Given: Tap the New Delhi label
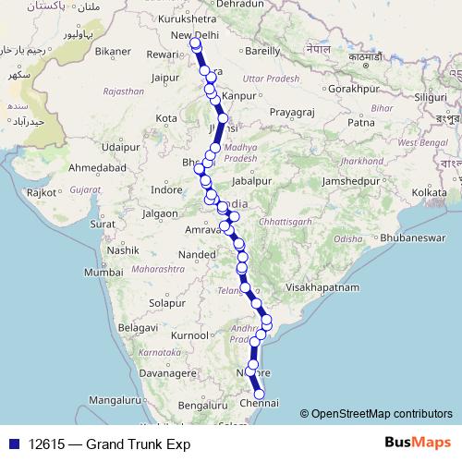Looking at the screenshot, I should coord(193,35).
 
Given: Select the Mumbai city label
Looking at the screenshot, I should coord(103,273).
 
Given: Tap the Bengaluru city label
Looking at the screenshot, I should coord(201,406).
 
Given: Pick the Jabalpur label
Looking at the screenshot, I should coord(253,180).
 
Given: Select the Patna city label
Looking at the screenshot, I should coord(360,121).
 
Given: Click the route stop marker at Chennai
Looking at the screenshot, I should coord(260,395).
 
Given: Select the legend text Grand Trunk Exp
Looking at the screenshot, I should coord(138,444).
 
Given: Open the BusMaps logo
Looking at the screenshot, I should coord(416,444).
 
